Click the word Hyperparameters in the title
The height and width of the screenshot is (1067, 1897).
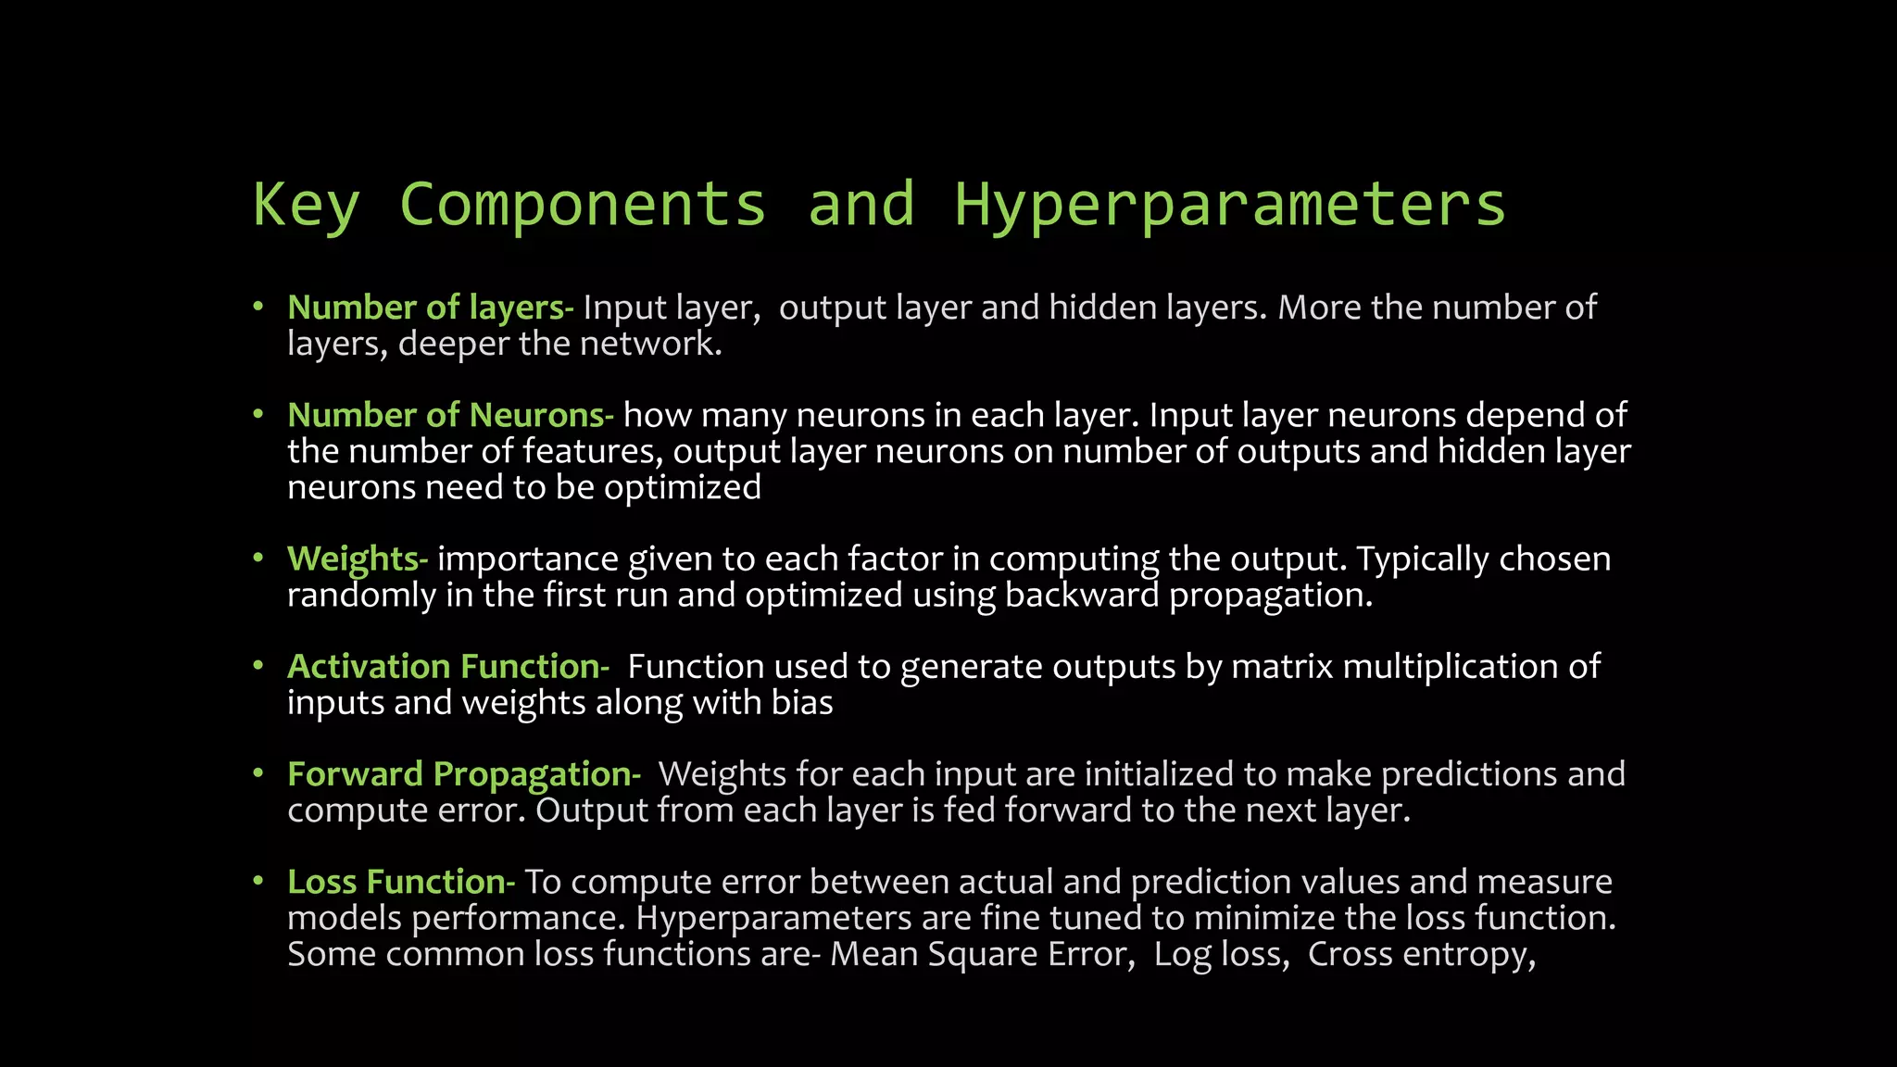[1230, 205]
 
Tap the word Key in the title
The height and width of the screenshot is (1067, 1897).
[307, 205]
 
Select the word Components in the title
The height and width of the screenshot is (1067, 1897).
[583, 205]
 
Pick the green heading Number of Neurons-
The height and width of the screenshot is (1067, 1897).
[450, 415]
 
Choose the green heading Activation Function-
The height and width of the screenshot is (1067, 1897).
[448, 666]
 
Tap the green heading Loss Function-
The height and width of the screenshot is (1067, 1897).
[401, 881]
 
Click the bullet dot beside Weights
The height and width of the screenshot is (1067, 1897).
[259, 558]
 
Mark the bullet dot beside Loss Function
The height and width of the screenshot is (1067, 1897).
[259, 880]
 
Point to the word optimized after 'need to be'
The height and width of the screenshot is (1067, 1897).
[683, 487]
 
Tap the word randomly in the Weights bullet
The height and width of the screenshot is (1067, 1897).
[361, 595]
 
